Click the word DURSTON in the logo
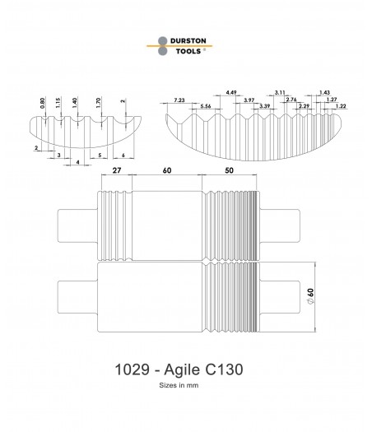pyautogui.click(x=188, y=41)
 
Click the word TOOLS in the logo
pyautogui.click(x=188, y=51)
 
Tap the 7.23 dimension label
pyautogui.click(x=179, y=100)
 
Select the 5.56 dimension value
pyautogui.click(x=206, y=106)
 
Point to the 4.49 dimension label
pyautogui.click(x=231, y=92)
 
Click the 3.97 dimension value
pyautogui.click(x=249, y=100)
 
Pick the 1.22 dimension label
pyautogui.click(x=341, y=106)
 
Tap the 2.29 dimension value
pyautogui.click(x=305, y=106)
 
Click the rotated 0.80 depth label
pyautogui.click(x=43, y=103)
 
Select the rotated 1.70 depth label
pyautogui.click(x=99, y=103)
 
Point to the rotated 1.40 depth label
pyautogui.click(x=75, y=103)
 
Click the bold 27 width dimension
pyautogui.click(x=117, y=170)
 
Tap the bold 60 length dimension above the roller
pyautogui.click(x=167, y=170)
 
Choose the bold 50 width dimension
pyautogui.click(x=229, y=170)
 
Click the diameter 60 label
pyautogui.click(x=310, y=296)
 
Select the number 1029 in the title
pyautogui.click(x=132, y=369)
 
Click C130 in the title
pyautogui.click(x=225, y=369)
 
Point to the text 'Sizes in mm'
pyautogui.click(x=179, y=385)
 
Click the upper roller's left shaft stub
pyautogui.click(x=77, y=226)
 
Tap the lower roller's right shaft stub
pyautogui.click(x=280, y=297)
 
